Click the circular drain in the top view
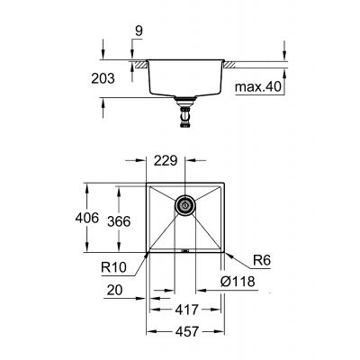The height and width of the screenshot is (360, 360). [x=184, y=205]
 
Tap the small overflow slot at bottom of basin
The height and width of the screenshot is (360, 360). [x=185, y=251]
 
